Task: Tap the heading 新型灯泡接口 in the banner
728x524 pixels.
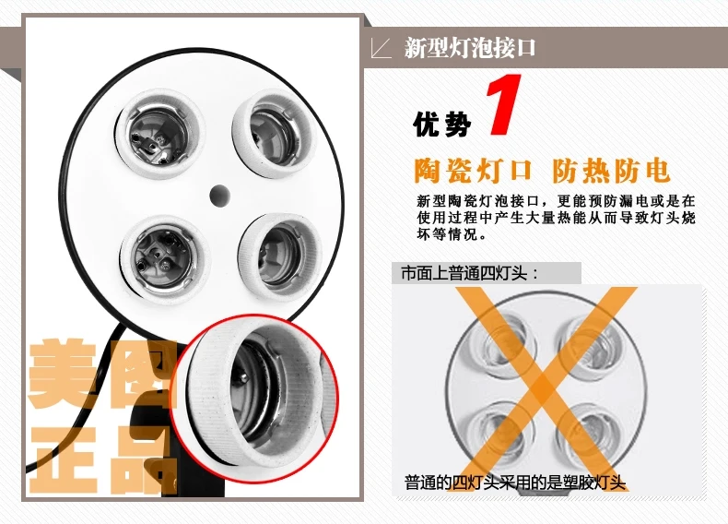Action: point(470,48)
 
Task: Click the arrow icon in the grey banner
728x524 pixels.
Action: point(381,48)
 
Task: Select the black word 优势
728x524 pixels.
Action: point(442,124)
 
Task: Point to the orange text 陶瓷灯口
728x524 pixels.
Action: point(473,171)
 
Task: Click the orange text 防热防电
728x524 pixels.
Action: point(611,171)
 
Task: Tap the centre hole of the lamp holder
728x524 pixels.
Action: point(219,196)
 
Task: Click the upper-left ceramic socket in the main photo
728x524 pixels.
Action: point(159,133)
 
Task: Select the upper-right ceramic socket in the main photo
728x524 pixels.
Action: point(274,134)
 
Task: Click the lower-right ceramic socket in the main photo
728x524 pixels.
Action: point(279,256)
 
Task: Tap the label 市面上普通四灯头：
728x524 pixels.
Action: point(469,273)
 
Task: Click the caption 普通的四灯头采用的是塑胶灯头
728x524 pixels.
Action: point(515,482)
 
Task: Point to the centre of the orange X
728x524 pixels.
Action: point(543,387)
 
